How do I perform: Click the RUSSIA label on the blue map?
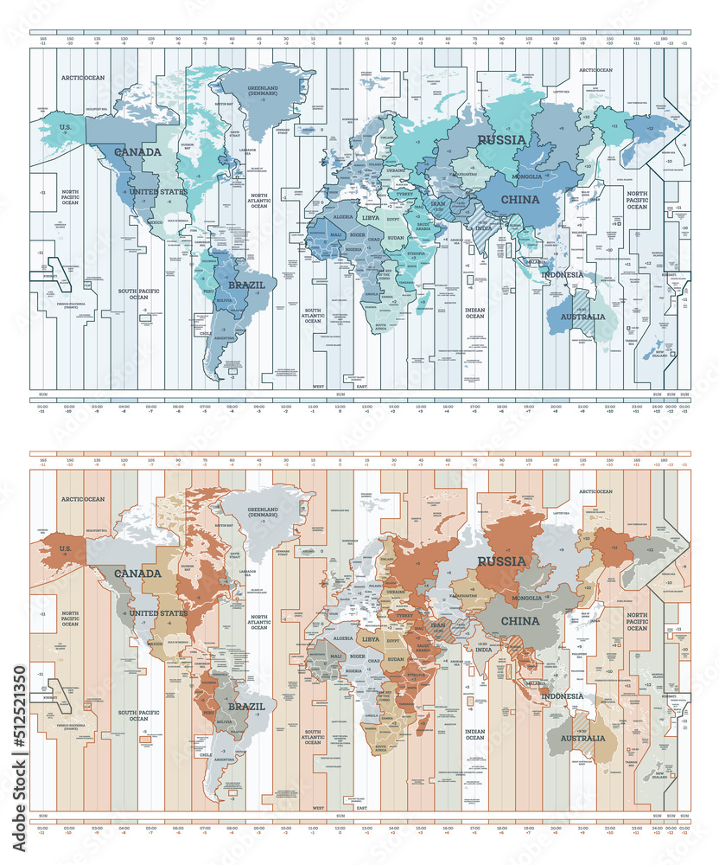pos(502,139)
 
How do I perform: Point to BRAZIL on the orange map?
pos(246,705)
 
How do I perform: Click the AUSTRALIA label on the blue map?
pos(582,317)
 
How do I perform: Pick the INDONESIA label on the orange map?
pos(563,696)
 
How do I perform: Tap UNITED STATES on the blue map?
pos(157,191)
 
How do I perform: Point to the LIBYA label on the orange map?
pos(371,638)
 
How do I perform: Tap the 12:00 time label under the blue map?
pos(340,406)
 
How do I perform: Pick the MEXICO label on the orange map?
pos(155,644)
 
